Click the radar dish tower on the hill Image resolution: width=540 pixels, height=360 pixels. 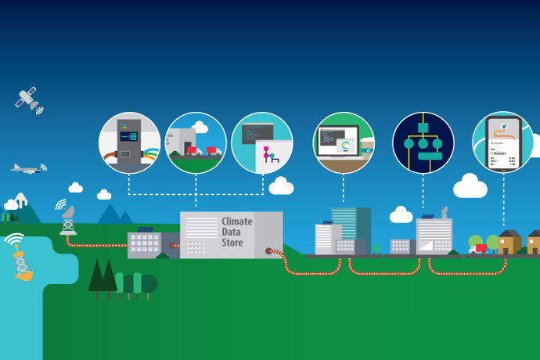[68, 218]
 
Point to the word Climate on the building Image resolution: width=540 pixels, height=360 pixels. [237, 221]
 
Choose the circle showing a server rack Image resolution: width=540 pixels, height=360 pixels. [129, 142]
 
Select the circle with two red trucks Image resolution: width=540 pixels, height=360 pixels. [196, 142]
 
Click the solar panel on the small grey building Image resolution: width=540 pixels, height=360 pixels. [145, 230]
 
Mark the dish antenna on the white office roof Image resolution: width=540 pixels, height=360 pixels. [444, 211]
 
